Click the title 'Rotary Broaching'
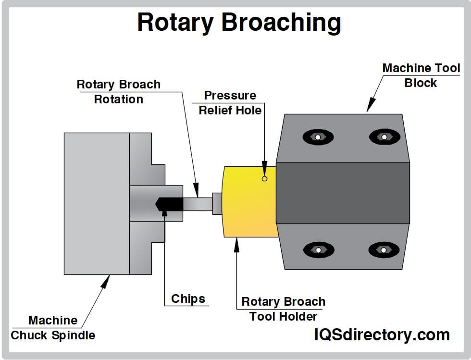tap(239, 23)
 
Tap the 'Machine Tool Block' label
tap(421, 75)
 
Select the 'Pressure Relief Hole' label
tap(230, 103)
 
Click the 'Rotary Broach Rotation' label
tap(118, 92)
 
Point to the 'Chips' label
tap(188, 299)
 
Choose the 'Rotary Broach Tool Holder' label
tap(283, 309)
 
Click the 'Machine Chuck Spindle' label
tap(53, 327)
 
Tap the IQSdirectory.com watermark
tap(382, 335)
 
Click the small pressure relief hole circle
tap(264, 179)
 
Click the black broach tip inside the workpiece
tap(169, 204)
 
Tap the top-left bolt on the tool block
tap(318, 137)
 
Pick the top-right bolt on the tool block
tap(384, 137)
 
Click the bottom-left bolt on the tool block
tap(318, 250)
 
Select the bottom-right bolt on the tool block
tap(384, 250)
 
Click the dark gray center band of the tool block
tap(343, 193)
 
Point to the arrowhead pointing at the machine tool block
tap(370, 106)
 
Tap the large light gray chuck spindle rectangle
tap(96, 204)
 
